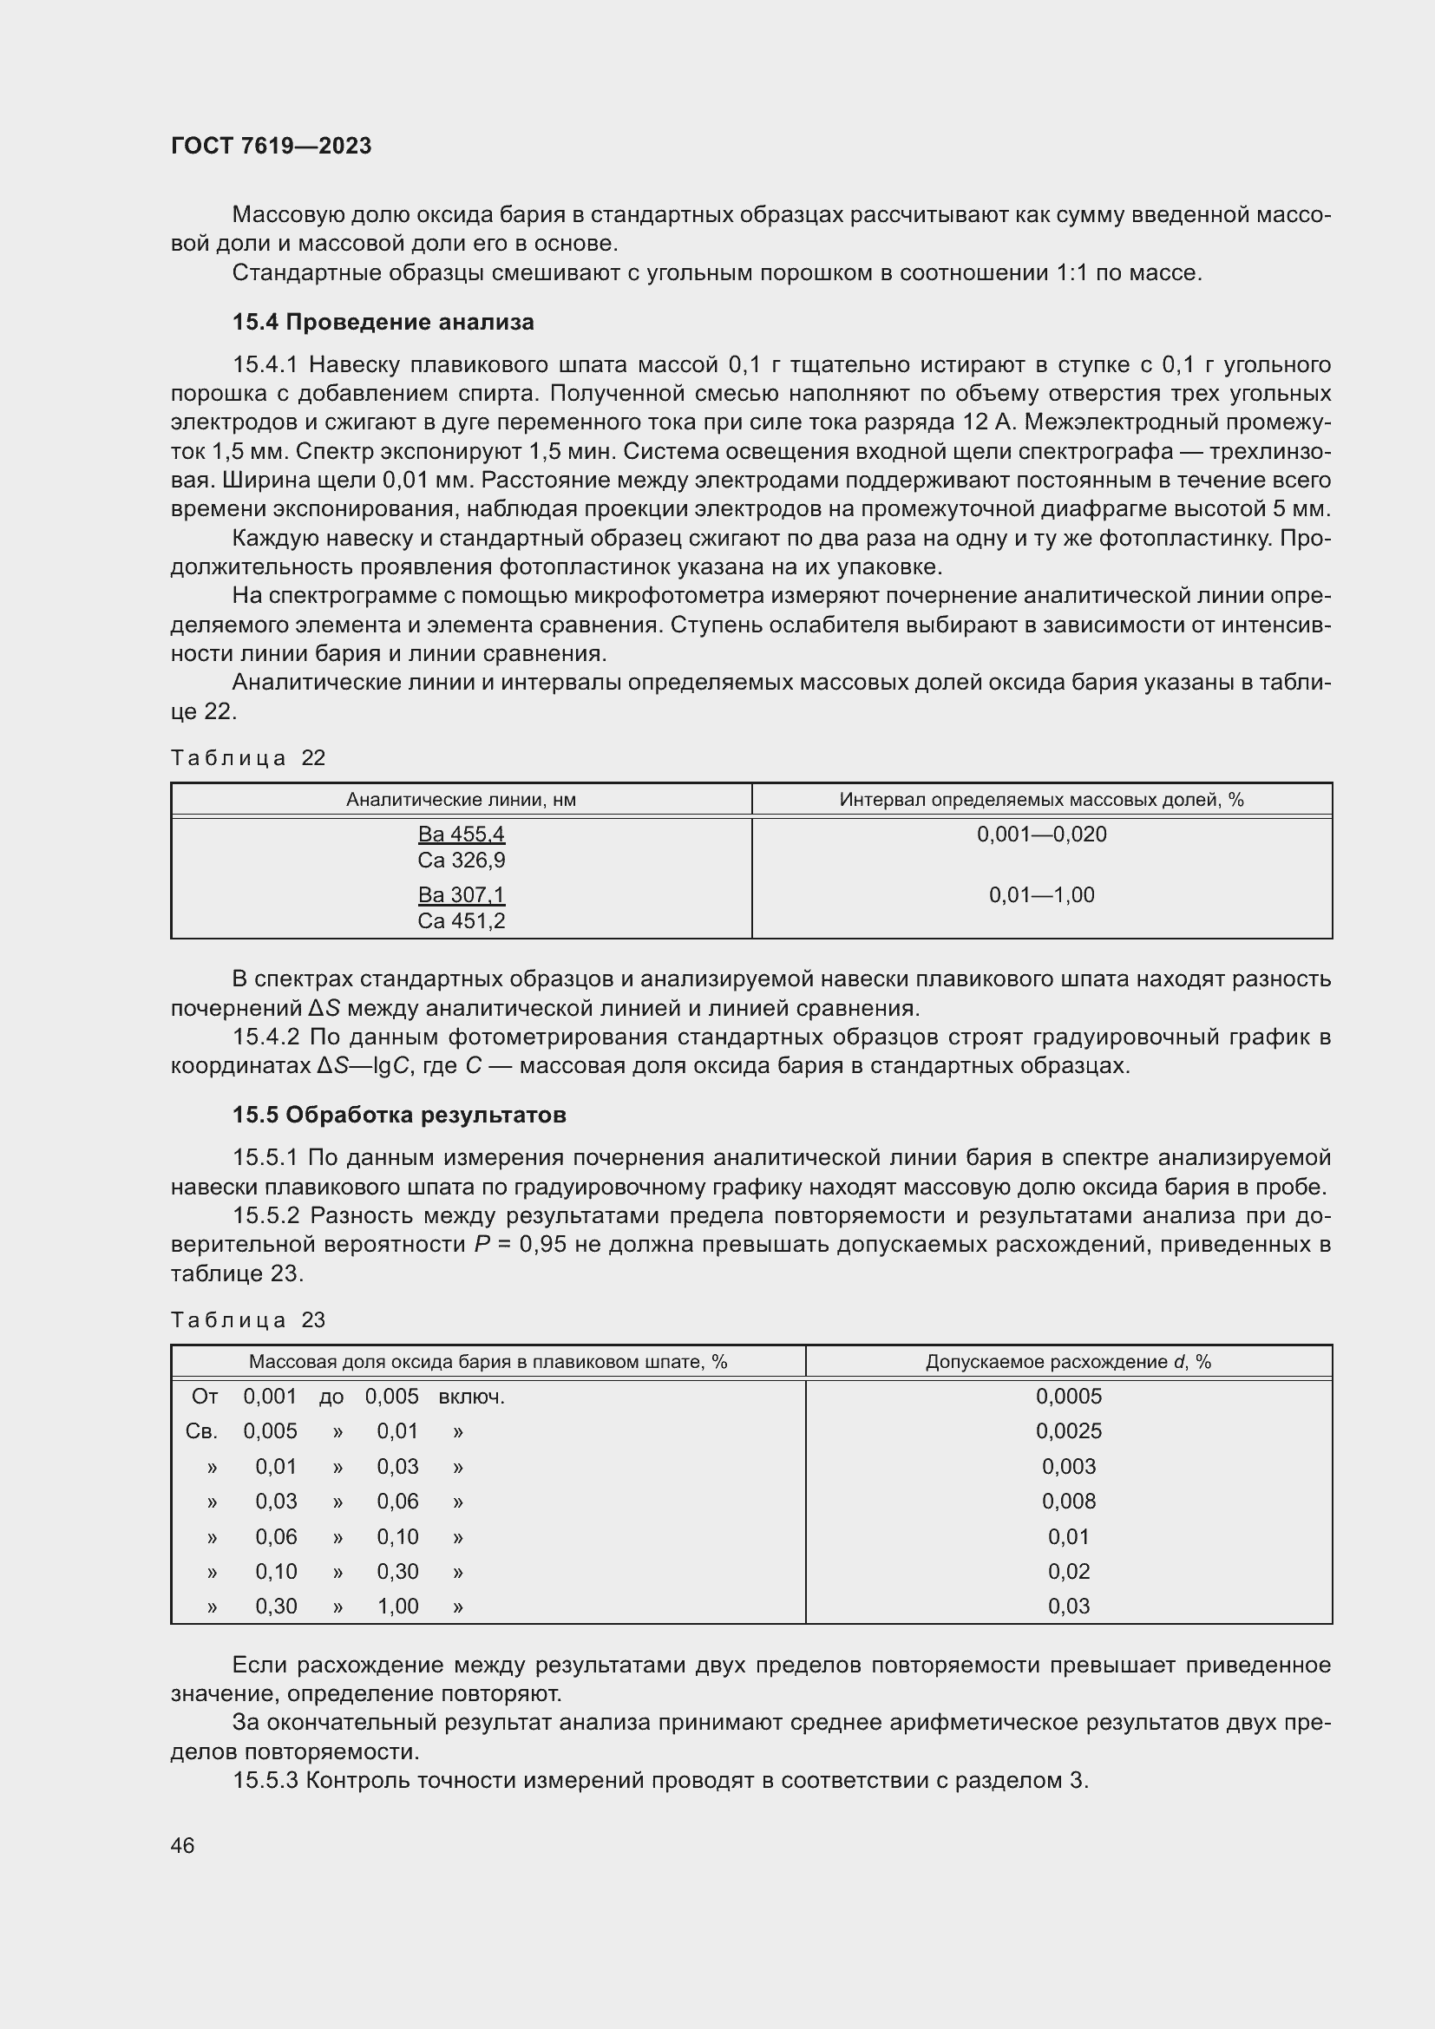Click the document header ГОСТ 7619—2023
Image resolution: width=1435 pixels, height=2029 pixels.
[271, 146]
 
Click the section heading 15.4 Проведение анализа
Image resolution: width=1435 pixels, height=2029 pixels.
[383, 322]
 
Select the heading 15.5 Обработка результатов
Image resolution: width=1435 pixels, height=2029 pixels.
[398, 1115]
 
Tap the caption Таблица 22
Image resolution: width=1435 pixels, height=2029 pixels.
[247, 757]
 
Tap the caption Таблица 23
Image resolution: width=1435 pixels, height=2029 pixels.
[247, 1319]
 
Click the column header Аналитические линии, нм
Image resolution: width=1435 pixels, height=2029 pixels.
[461, 800]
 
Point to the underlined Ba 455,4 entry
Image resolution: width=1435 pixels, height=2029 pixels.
[461, 835]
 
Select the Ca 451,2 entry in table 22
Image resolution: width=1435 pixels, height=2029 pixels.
[461, 921]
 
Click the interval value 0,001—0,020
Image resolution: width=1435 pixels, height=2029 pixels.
[1041, 835]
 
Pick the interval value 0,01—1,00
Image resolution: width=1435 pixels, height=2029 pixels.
[1041, 894]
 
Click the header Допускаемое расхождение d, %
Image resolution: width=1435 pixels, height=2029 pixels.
[1067, 1362]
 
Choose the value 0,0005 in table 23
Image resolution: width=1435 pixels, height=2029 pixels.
[1068, 1397]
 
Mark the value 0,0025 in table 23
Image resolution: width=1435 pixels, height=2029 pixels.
[1068, 1430]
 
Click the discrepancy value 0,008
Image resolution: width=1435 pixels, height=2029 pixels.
[1068, 1501]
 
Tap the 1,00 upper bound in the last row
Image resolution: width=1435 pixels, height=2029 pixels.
[397, 1606]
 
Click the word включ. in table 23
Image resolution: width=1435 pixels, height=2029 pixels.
[471, 1397]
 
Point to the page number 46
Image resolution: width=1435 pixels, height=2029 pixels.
[182, 1845]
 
